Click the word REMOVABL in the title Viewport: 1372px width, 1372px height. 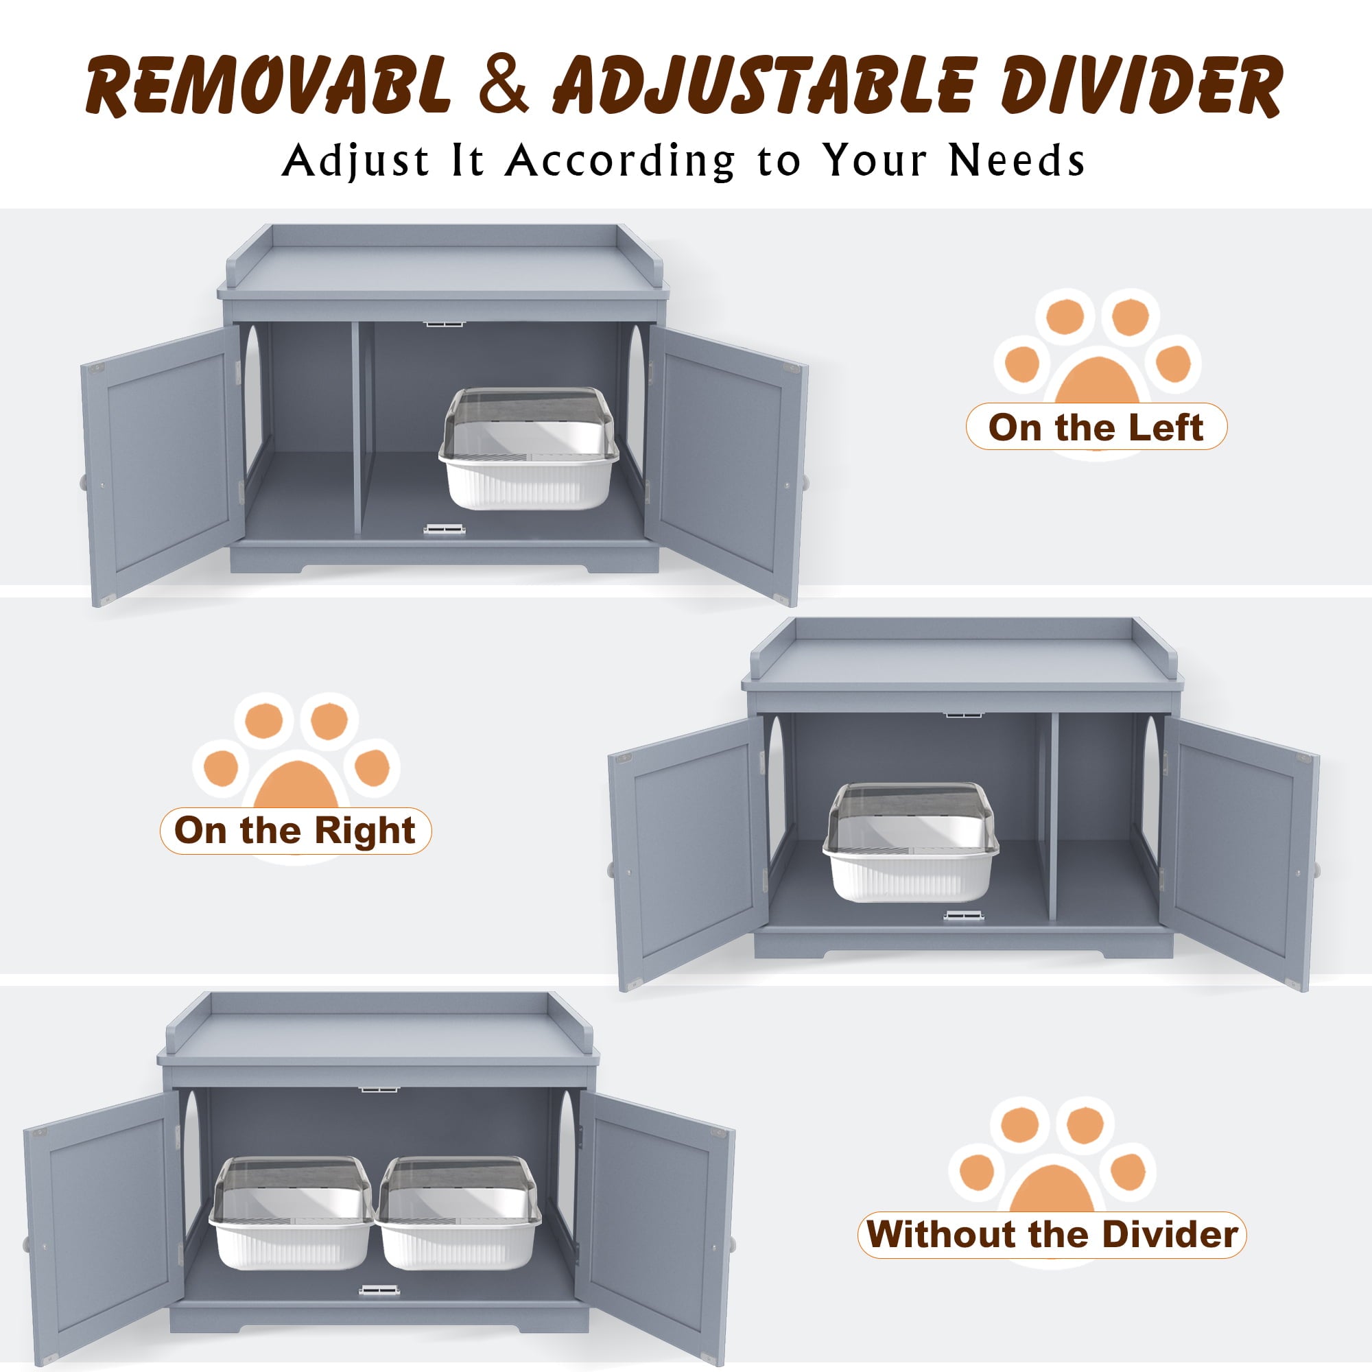[x=268, y=86]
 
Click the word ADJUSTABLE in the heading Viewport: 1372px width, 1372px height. [x=765, y=86]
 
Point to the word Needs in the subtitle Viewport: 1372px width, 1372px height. [x=1017, y=161]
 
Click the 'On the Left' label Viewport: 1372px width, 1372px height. [x=1096, y=427]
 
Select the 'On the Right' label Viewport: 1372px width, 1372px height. [x=295, y=831]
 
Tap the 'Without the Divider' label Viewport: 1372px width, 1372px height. [x=1052, y=1234]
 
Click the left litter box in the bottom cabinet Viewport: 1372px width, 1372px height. [x=291, y=1212]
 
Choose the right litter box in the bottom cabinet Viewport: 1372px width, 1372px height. [x=458, y=1212]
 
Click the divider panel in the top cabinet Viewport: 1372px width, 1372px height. [x=357, y=426]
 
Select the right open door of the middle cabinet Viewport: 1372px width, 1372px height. [x=1238, y=852]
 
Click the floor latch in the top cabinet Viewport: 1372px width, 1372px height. [x=445, y=529]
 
